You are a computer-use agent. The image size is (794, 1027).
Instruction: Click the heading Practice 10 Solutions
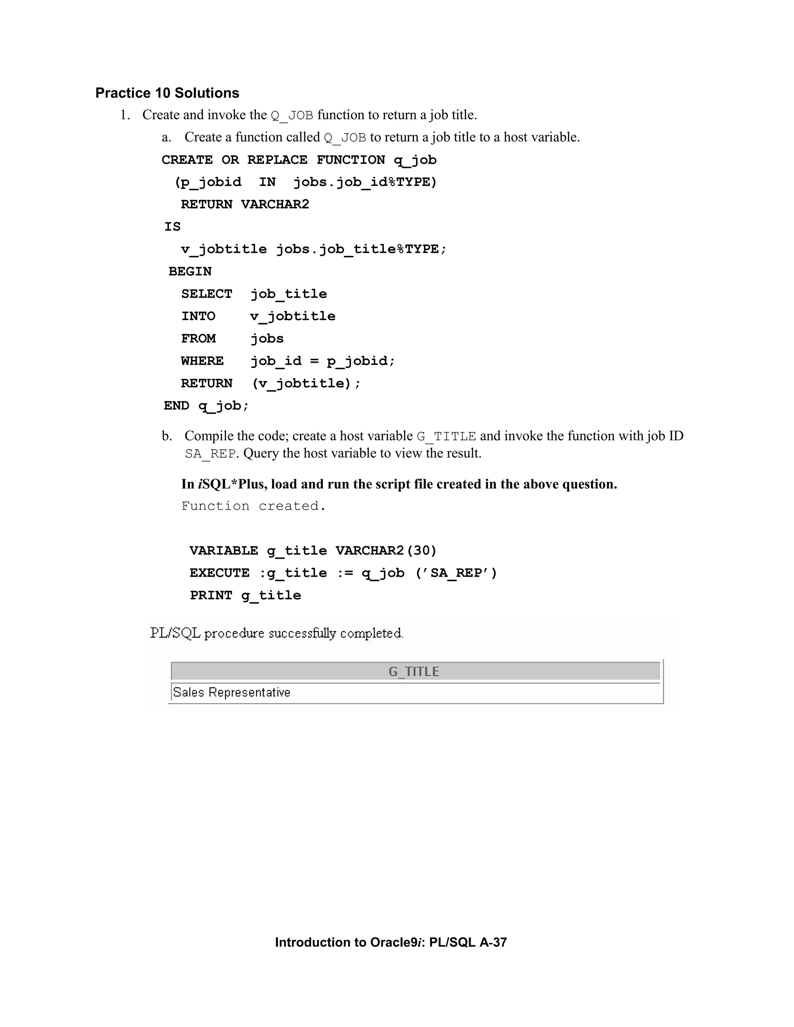[167, 93]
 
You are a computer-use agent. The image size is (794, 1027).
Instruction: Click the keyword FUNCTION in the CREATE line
[350, 160]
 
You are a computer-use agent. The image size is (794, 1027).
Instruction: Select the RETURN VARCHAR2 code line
[245, 205]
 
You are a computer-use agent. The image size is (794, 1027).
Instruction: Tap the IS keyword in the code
[172, 227]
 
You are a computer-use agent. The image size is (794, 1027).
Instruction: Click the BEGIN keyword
[190, 272]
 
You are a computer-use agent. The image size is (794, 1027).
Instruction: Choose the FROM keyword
[198, 339]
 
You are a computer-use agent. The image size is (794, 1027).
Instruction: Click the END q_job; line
[206, 406]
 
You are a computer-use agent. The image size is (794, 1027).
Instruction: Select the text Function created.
[254, 506]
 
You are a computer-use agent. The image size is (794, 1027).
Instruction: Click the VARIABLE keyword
[223, 551]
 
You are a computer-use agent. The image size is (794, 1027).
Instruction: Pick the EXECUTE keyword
[219, 573]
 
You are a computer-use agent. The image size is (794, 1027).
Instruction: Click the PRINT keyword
[211, 596]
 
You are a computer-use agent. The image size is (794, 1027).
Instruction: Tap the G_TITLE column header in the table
[414, 672]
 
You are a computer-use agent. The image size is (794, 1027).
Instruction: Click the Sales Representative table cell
[231, 693]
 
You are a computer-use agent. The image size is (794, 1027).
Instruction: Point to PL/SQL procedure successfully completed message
[276, 633]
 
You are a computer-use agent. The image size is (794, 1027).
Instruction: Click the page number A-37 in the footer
[493, 943]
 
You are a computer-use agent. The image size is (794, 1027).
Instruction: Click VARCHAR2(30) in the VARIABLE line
[386, 551]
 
